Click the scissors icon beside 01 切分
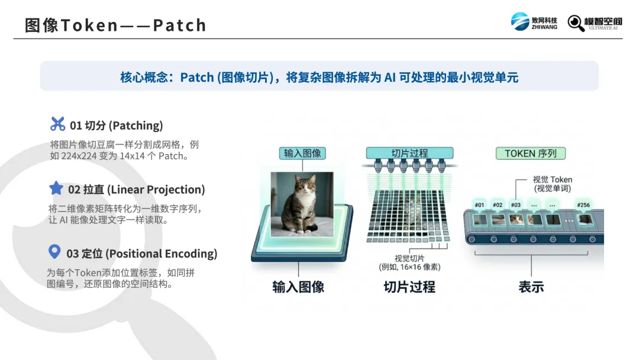tap(57, 124)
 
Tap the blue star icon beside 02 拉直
tap(56, 188)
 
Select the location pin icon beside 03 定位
tap(54, 252)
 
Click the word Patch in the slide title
tap(180, 25)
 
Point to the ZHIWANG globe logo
tap(519, 21)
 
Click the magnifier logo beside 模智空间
tap(576, 23)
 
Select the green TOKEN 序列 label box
tap(531, 153)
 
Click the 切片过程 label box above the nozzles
tap(409, 153)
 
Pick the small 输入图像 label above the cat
tap(302, 153)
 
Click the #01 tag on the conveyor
tap(479, 205)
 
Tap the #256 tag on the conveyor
tap(583, 205)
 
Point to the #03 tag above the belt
tap(515, 205)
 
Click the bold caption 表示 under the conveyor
tap(531, 287)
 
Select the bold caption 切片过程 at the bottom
tap(409, 287)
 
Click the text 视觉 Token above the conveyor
tap(552, 179)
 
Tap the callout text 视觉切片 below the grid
tap(409, 259)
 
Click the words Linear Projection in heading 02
tap(156, 189)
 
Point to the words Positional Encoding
tap(162, 253)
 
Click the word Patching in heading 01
tap(135, 126)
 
